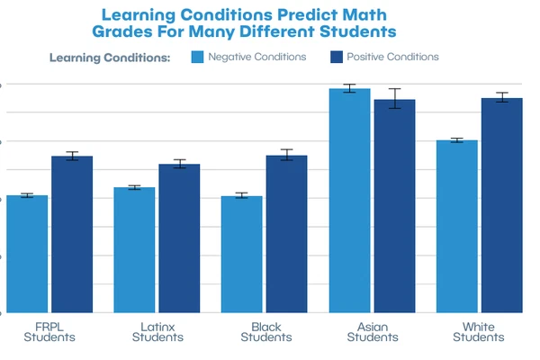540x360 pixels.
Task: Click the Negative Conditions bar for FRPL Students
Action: tap(27, 254)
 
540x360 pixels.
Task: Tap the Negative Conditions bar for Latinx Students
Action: tap(134, 250)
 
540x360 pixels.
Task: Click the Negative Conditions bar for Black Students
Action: tap(241, 255)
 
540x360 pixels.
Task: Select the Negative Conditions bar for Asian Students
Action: tap(349, 201)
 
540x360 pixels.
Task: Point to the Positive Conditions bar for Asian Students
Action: tap(394, 206)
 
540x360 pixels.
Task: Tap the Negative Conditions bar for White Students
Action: tap(456, 227)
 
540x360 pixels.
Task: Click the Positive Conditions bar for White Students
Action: tap(501, 205)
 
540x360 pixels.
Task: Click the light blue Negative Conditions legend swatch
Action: tap(197, 57)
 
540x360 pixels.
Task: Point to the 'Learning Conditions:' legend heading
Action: tap(110, 58)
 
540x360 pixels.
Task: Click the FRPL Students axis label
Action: tap(49, 332)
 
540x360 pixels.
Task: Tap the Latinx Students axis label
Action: tap(157, 332)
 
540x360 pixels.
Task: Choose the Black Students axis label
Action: tap(265, 332)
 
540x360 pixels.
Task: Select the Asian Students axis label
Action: tap(372, 332)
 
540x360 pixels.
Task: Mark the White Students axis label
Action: tap(479, 332)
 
